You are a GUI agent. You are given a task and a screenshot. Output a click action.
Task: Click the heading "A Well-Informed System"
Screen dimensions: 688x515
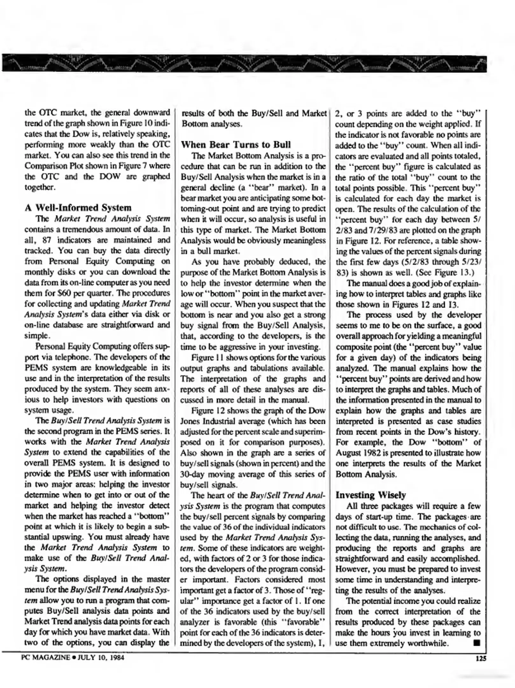pyautogui.click(x=78, y=208)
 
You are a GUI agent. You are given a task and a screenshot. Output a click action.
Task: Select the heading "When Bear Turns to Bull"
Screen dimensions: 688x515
pyautogui.click(x=236, y=145)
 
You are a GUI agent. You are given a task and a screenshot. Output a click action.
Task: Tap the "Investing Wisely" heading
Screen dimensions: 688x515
pyautogui.click(x=371, y=495)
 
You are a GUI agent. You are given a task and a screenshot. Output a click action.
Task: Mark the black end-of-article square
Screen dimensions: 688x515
pyautogui.click(x=476, y=643)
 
